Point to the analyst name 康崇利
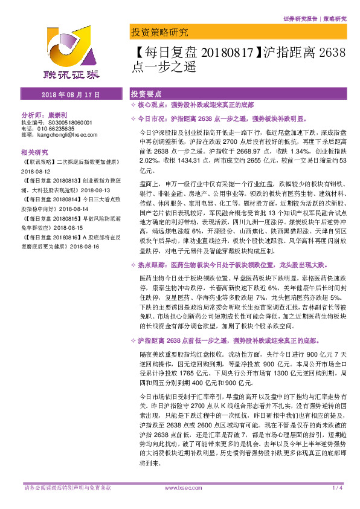(x=59, y=114)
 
